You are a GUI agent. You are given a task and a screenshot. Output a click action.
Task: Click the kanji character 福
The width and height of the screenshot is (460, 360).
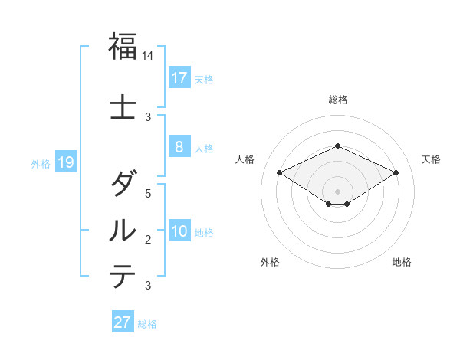pyautogui.click(x=123, y=47)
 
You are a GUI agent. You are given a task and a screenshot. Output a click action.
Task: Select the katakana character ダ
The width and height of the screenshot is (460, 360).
pyautogui.click(x=123, y=184)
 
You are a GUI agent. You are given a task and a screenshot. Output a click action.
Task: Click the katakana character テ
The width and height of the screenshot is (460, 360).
pyautogui.click(x=123, y=276)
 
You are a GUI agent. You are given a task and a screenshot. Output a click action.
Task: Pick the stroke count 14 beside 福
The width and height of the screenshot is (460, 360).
pyautogui.click(x=148, y=56)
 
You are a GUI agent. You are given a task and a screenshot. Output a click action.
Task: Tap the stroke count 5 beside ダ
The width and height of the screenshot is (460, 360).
pyautogui.click(x=148, y=193)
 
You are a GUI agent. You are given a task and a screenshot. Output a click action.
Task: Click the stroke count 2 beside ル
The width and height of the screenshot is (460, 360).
pyautogui.click(x=148, y=240)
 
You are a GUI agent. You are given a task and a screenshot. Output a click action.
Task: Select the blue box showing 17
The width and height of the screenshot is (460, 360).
pyautogui.click(x=179, y=78)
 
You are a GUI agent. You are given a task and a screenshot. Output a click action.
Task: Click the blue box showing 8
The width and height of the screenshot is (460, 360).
pyautogui.click(x=179, y=147)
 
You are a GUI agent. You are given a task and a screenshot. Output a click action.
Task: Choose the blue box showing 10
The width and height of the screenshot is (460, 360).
pyautogui.click(x=179, y=232)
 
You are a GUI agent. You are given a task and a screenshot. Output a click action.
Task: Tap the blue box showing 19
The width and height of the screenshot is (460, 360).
pyautogui.click(x=66, y=162)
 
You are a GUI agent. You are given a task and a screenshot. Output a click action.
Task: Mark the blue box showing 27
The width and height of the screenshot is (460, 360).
pyautogui.click(x=122, y=322)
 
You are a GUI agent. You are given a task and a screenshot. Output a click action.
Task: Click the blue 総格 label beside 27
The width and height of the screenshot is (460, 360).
pyautogui.click(x=147, y=324)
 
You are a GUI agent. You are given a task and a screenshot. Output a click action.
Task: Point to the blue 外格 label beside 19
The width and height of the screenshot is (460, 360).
pyautogui.click(x=41, y=164)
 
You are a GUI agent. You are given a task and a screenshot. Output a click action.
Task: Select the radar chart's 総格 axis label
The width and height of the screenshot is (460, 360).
pyautogui.click(x=337, y=100)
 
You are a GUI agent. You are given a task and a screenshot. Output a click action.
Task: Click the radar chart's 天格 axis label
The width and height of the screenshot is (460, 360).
pyautogui.click(x=432, y=159)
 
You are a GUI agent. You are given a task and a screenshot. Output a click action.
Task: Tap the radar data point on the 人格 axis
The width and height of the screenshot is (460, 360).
pyautogui.click(x=280, y=172)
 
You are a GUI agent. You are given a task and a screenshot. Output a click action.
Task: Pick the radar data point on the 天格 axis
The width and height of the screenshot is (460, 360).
pyautogui.click(x=396, y=172)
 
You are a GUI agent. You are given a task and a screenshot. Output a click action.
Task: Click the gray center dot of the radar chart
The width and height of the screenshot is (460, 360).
pyautogui.click(x=337, y=191)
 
